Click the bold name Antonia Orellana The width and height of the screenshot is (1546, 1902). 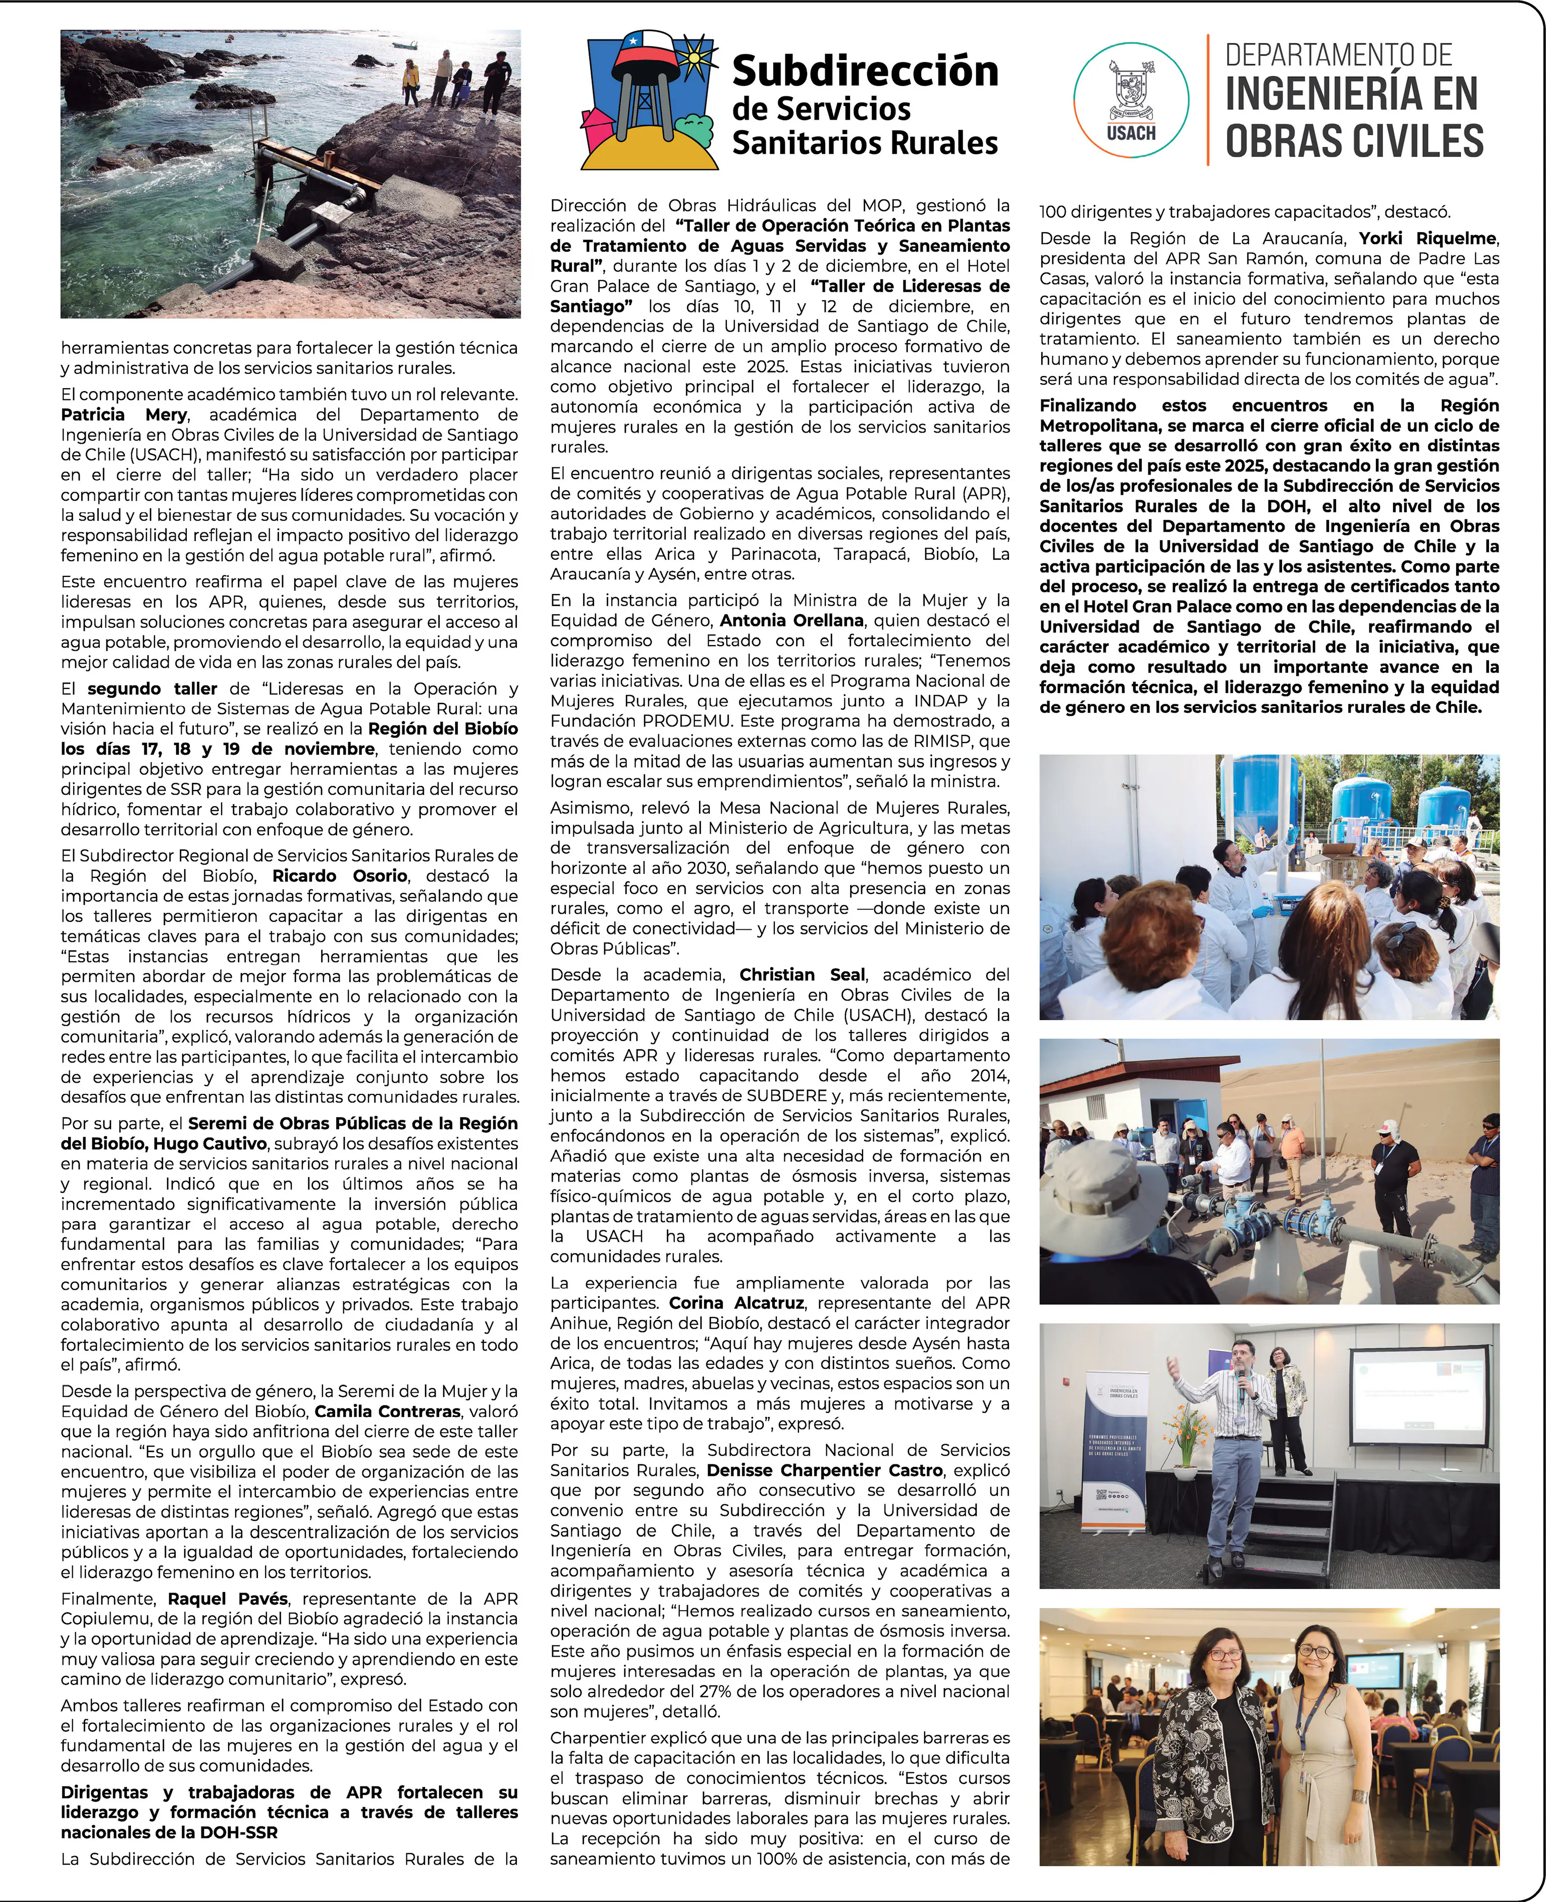[792, 621]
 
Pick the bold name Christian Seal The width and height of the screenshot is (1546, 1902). [802, 975]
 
